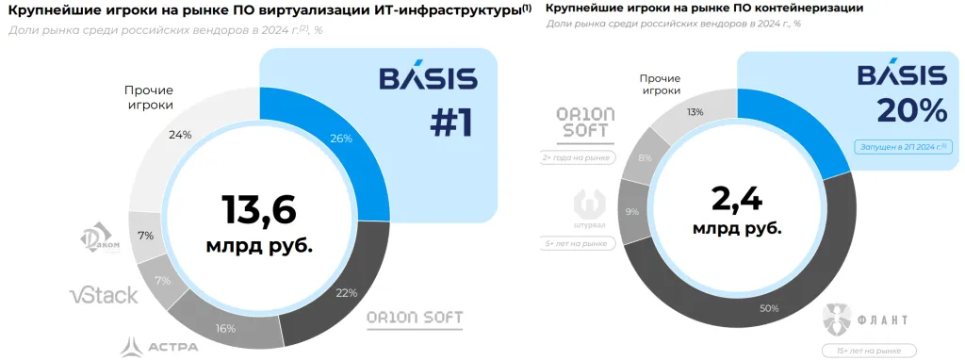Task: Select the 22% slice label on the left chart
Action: (x=346, y=292)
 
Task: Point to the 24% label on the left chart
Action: (x=180, y=134)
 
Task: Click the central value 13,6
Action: (x=259, y=210)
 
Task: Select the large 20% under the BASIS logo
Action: (x=911, y=110)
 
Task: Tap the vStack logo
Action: (x=104, y=295)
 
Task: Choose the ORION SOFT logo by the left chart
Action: (x=415, y=318)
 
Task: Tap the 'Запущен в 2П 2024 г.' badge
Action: (x=901, y=146)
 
